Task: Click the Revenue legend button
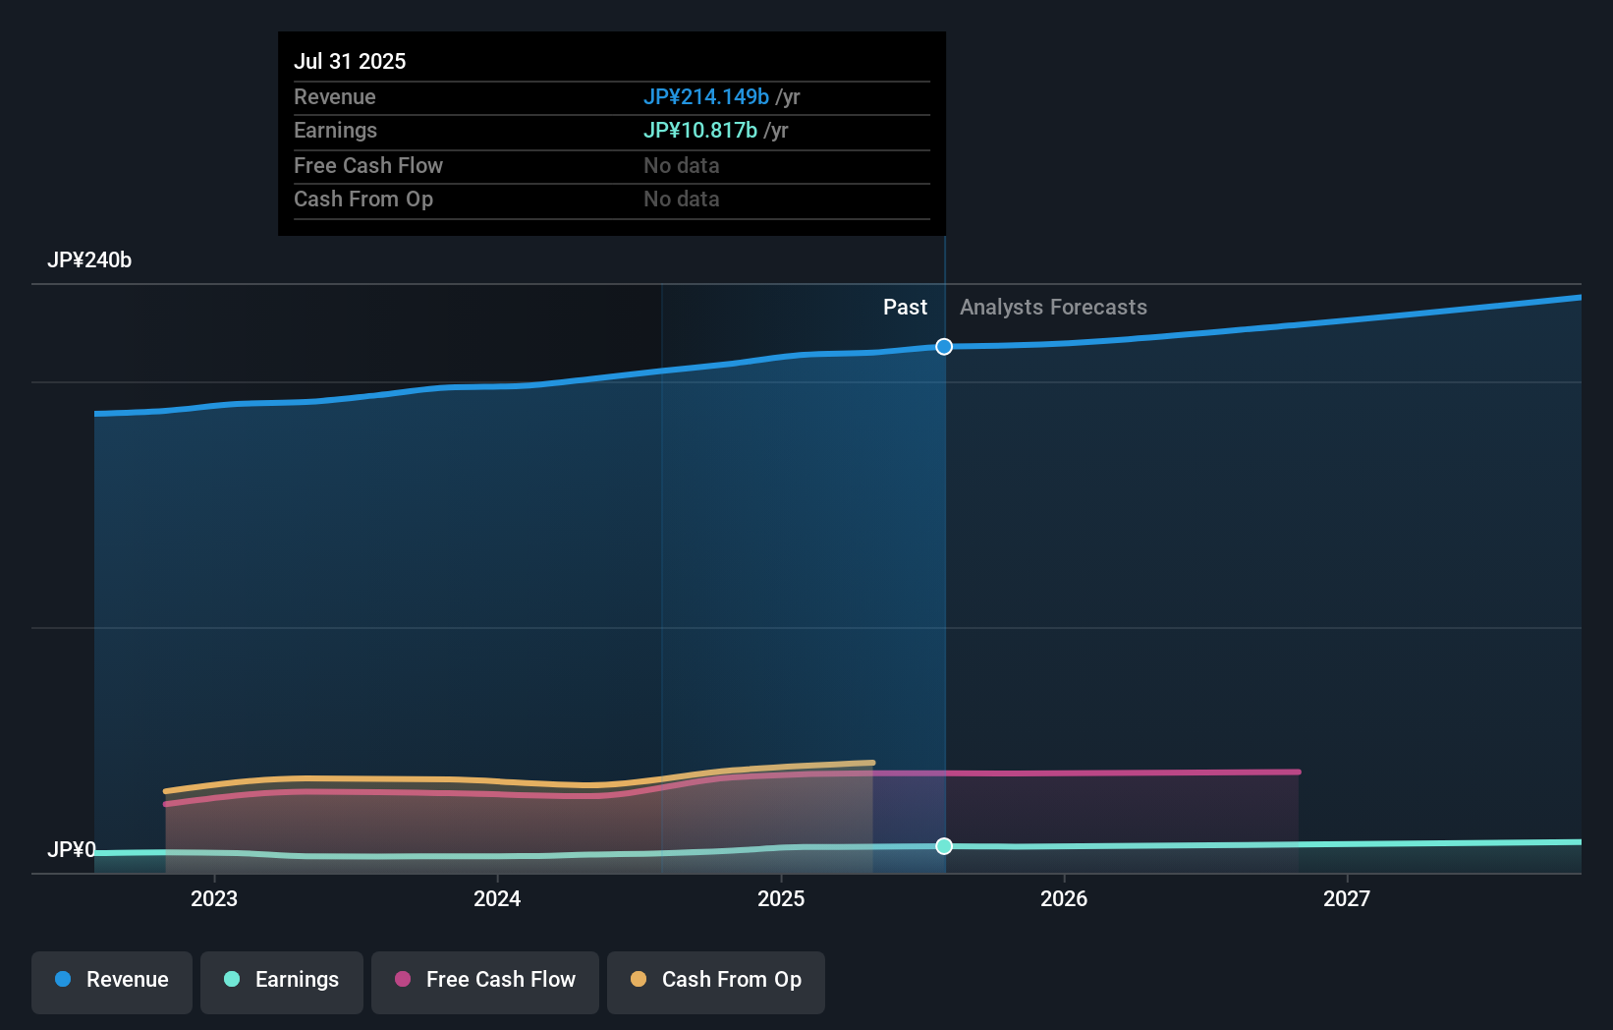coord(112,980)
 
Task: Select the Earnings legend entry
coord(282,980)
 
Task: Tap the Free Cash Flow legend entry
coord(485,980)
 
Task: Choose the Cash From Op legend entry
coord(716,980)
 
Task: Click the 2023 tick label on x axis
coord(214,898)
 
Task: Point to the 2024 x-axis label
coord(497,898)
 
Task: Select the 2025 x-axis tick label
coord(781,898)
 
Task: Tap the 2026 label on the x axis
coord(1064,898)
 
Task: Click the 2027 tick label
coord(1347,898)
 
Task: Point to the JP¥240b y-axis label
coord(89,260)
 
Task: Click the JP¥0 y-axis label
coord(72,849)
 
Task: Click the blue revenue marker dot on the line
coord(944,347)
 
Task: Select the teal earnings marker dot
coord(944,846)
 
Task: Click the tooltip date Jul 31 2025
coord(350,61)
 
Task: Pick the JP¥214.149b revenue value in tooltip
coord(705,96)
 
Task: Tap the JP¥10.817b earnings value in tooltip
coord(699,131)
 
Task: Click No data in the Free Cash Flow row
coord(681,165)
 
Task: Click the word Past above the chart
coord(905,308)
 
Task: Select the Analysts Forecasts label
coord(1053,308)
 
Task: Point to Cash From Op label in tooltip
coord(363,200)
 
